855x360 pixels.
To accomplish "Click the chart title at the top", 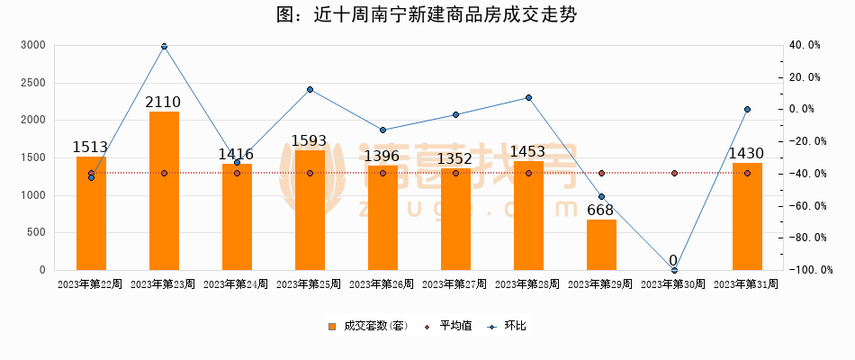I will click(x=427, y=14).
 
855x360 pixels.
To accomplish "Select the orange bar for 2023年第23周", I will click(x=164, y=191).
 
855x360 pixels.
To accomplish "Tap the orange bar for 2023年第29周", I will click(x=601, y=245).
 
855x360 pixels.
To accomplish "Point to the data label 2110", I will click(x=164, y=102).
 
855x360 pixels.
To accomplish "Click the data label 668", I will click(x=600, y=211).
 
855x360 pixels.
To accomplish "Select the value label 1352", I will click(x=455, y=159).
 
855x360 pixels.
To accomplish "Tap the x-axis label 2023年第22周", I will click(x=90, y=284).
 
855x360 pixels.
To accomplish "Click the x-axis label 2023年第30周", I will click(x=673, y=284).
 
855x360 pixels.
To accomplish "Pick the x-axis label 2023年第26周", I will click(x=382, y=284).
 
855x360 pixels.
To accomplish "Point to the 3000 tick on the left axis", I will click(x=32, y=45).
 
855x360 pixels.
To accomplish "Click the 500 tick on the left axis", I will click(x=36, y=232).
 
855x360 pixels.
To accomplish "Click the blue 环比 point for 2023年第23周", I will click(x=164, y=46).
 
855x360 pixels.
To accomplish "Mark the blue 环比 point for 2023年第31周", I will click(x=747, y=110).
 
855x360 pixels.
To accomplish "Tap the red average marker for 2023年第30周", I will click(x=674, y=173).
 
